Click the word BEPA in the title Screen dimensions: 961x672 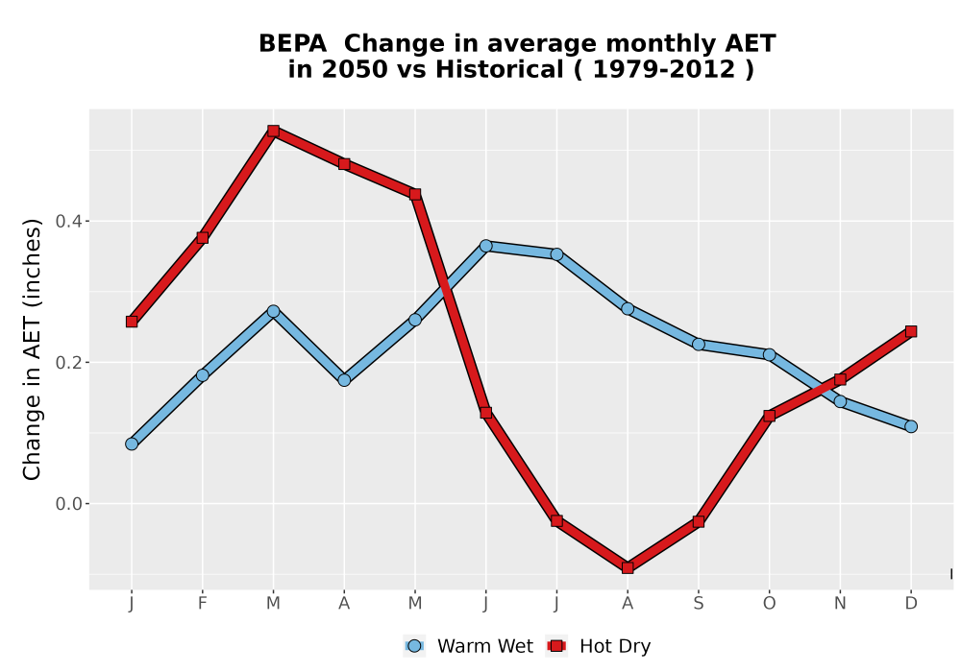tap(292, 44)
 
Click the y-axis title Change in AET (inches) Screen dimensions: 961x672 tap(32, 349)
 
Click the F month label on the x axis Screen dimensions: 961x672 tap(202, 604)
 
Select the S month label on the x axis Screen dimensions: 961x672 tap(698, 604)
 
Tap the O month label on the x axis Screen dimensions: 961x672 tap(769, 604)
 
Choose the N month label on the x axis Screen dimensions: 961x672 tap(840, 604)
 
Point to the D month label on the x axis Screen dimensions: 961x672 tap(911, 604)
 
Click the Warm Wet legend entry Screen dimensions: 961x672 tap(469, 646)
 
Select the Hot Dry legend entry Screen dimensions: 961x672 tap(599, 646)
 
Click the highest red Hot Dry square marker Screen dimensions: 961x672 tap(273, 131)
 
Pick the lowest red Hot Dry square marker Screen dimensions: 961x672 tap(628, 568)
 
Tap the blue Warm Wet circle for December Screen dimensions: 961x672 tap(911, 426)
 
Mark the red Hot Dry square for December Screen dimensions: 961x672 tap(911, 332)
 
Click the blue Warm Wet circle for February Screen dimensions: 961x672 tap(202, 375)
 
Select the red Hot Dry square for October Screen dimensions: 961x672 tap(769, 417)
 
